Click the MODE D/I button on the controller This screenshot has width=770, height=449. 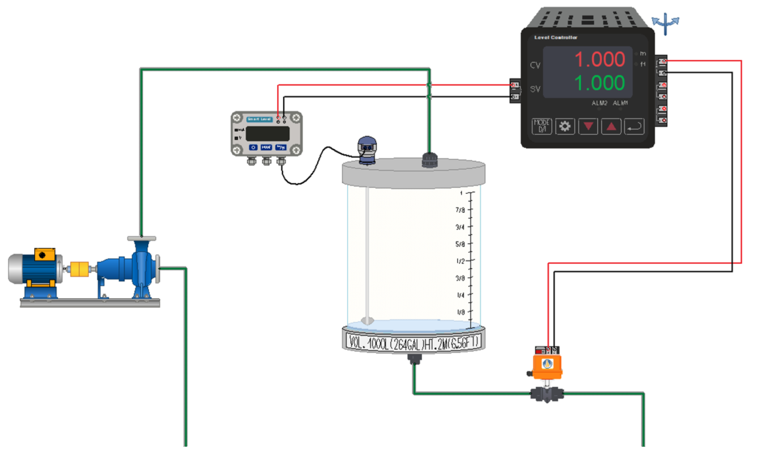(x=541, y=126)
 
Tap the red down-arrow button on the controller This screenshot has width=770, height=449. (x=588, y=126)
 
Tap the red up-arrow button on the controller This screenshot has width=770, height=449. (x=611, y=126)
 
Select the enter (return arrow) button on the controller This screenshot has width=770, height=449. (x=634, y=126)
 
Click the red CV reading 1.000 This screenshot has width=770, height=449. (x=599, y=60)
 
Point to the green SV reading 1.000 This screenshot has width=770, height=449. (x=599, y=83)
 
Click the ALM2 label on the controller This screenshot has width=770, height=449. (x=599, y=103)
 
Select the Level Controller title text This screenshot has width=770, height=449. (x=556, y=38)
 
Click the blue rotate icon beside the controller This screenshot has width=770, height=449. (x=666, y=23)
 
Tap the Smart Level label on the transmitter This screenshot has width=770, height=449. (x=259, y=119)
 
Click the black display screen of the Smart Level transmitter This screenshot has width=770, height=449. (x=267, y=134)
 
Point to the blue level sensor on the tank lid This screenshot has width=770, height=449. (x=367, y=150)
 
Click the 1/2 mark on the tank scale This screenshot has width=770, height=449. (x=461, y=261)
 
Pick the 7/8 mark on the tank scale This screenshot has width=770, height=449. (x=461, y=210)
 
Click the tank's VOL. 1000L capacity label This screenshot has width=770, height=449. (x=414, y=341)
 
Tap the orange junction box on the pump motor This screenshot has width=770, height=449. (x=43, y=255)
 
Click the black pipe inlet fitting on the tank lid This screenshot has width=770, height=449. (x=429, y=160)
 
